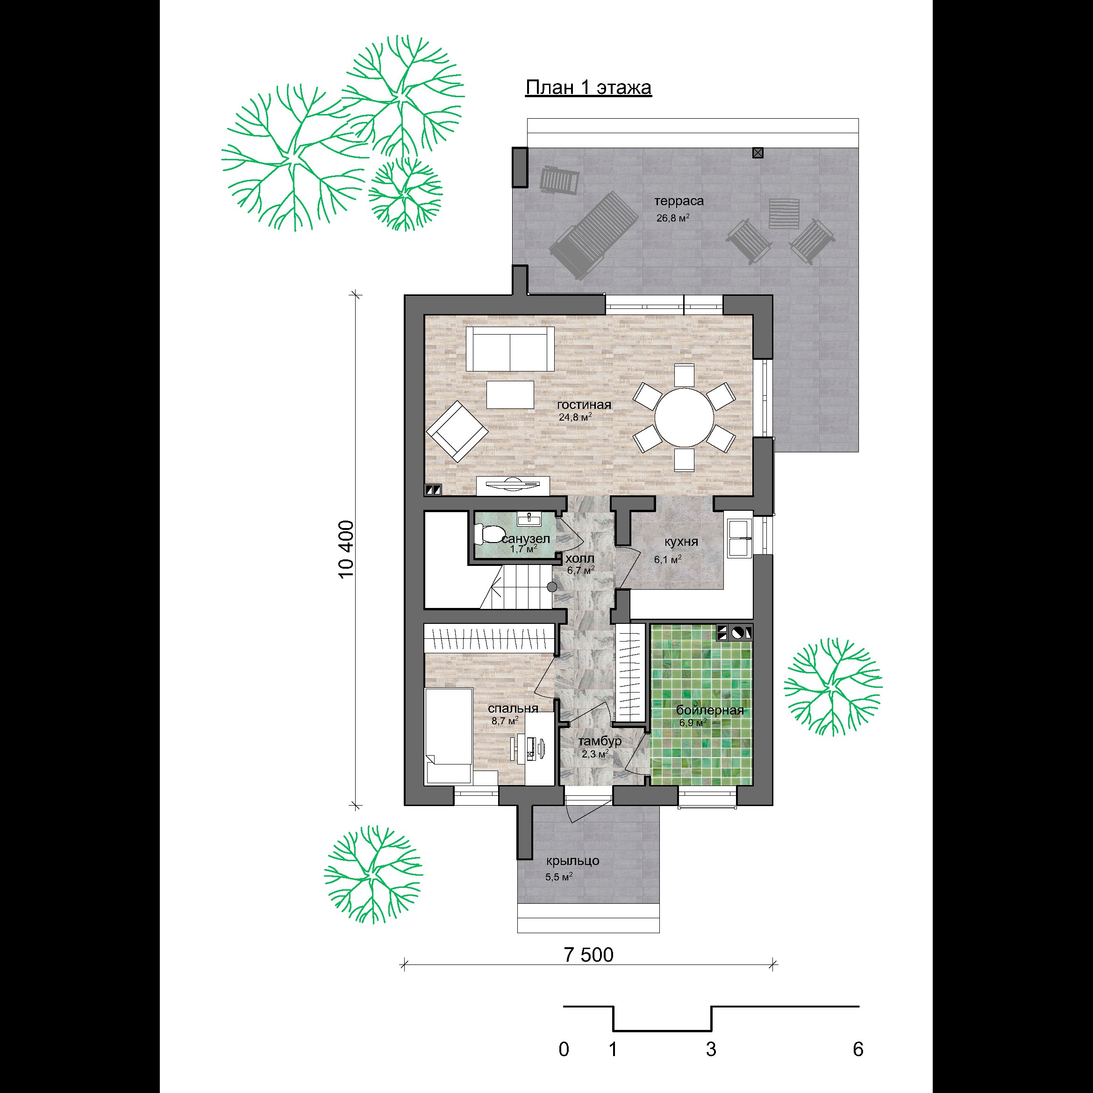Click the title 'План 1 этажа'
[x=588, y=88]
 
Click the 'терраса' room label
[x=679, y=201]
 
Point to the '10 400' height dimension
[x=346, y=549]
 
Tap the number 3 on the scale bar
[x=711, y=1050]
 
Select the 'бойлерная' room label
[x=710, y=711]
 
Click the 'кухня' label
[x=681, y=542]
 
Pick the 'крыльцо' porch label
[x=572, y=861]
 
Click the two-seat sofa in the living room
[x=510, y=349]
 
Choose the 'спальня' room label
[x=513, y=708]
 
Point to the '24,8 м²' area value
[x=575, y=417]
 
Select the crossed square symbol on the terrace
[x=758, y=152]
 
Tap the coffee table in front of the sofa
[x=510, y=394]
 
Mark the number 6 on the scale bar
[x=858, y=1050]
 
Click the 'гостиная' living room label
[x=584, y=405]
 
